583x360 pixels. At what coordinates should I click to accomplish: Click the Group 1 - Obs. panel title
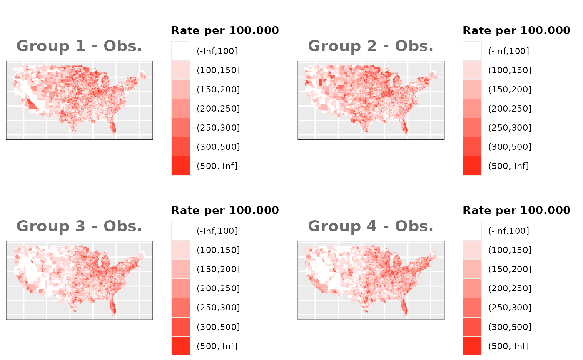79,46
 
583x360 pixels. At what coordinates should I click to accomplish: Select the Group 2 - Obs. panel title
371,46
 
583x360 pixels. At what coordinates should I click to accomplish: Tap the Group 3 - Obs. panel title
79,226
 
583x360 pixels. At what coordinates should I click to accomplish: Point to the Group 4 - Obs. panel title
371,226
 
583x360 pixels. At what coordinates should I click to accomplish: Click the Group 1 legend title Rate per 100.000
225,30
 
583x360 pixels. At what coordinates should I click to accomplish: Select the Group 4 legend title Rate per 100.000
516,210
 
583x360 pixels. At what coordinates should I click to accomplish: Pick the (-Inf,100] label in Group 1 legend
217,51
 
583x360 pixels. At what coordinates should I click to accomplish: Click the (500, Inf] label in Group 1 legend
217,166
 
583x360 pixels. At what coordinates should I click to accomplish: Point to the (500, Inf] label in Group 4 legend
508,346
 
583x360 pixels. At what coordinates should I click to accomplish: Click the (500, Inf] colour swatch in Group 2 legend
472,166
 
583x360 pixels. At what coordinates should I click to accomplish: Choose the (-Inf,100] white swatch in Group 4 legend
472,231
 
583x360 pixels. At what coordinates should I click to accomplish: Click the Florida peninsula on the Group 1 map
112,127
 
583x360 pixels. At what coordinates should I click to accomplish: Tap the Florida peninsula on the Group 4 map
404,307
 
